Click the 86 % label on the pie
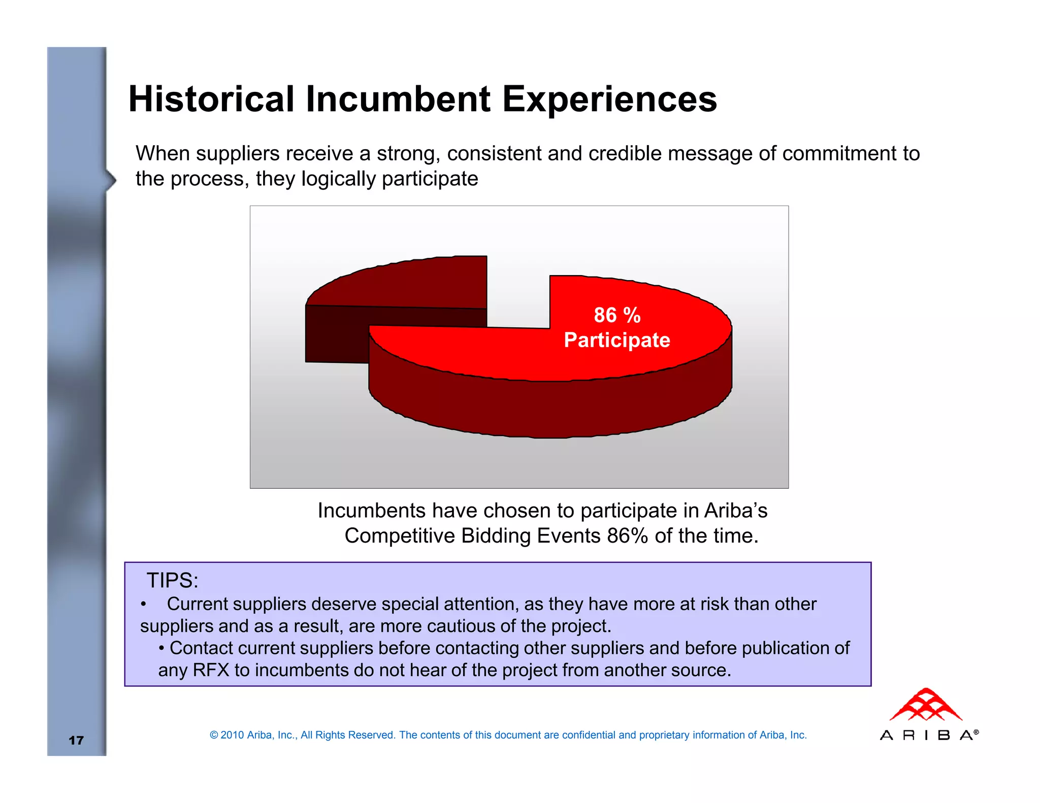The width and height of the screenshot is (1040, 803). pyautogui.click(x=617, y=315)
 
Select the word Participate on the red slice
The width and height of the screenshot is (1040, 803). pyautogui.click(x=617, y=340)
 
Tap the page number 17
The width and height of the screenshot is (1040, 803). pyautogui.click(x=76, y=740)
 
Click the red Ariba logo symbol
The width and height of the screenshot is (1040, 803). pyautogui.click(x=926, y=705)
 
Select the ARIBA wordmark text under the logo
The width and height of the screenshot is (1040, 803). pyautogui.click(x=928, y=735)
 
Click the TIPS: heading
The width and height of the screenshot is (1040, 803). pyautogui.click(x=172, y=580)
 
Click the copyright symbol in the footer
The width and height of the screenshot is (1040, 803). pyautogui.click(x=214, y=735)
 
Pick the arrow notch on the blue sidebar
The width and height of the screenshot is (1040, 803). pyautogui.click(x=111, y=180)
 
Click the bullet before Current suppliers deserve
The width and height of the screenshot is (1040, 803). pyautogui.click(x=144, y=605)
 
